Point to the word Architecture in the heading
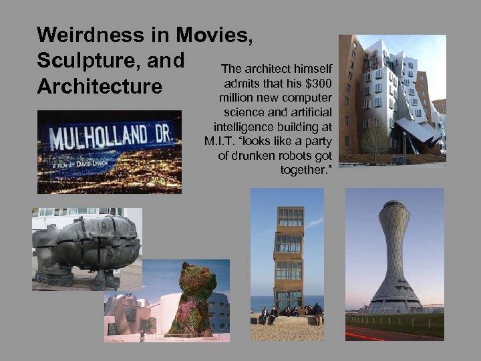click(100, 87)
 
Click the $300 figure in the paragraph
click(320, 83)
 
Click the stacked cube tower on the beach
click(289, 257)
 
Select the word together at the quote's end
click(307, 170)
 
